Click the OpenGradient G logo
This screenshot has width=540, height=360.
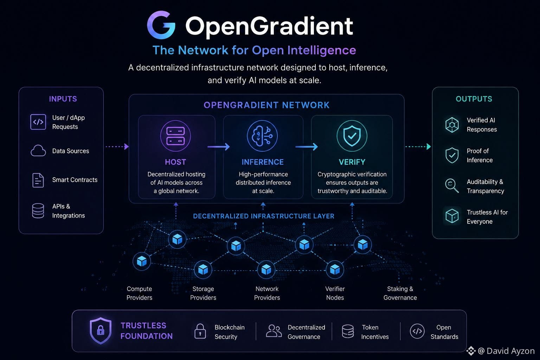click(x=161, y=25)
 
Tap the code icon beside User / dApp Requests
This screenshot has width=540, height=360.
click(x=38, y=122)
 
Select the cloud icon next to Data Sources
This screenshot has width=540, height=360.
click(x=38, y=151)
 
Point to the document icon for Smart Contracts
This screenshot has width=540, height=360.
click(x=38, y=180)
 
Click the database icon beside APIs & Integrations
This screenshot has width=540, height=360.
click(x=38, y=211)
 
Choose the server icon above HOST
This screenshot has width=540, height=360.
click(x=175, y=136)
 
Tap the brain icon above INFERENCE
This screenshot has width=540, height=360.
click(x=262, y=136)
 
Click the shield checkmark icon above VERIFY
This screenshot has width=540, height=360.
click(x=352, y=136)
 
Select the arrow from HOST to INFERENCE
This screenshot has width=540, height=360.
click(x=219, y=147)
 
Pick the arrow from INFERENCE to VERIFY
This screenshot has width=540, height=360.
click(x=307, y=147)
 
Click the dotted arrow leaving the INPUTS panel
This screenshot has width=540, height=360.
click(x=117, y=146)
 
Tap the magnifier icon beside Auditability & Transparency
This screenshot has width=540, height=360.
click(x=452, y=186)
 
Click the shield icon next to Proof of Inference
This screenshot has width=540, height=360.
click(x=452, y=155)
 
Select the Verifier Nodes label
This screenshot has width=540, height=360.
click(x=335, y=293)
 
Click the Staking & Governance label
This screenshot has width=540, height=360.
click(x=400, y=293)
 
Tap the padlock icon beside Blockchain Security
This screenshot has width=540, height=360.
click(x=200, y=331)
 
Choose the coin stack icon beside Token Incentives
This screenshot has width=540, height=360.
click(x=348, y=331)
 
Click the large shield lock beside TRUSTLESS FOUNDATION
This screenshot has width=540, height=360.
click(x=101, y=331)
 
